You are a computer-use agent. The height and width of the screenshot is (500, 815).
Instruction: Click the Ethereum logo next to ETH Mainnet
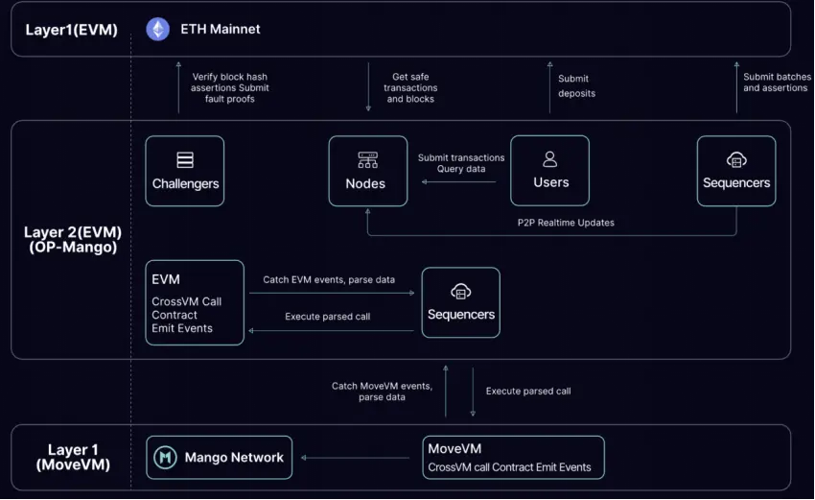tap(157, 30)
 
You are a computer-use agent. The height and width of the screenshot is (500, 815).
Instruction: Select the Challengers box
tap(185, 171)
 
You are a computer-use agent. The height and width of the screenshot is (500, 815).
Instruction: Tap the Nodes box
tap(367, 171)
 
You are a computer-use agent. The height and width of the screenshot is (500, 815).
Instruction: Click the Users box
tap(549, 171)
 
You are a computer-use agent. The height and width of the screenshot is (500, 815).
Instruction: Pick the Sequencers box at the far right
tap(735, 171)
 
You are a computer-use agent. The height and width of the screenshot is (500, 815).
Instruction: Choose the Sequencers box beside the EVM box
tap(460, 301)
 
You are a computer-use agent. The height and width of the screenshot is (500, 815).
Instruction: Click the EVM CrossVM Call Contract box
tap(195, 302)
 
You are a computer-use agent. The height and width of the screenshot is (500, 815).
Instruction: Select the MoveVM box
tap(513, 458)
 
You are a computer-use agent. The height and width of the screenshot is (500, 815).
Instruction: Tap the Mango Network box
tap(219, 458)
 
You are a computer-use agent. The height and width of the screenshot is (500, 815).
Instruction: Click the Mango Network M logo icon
tap(166, 458)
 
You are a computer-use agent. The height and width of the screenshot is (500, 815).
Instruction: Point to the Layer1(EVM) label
tap(71, 30)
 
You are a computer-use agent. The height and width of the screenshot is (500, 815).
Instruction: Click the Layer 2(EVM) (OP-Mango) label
tap(73, 240)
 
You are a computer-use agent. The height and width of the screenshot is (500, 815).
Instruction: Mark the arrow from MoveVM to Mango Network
tap(357, 458)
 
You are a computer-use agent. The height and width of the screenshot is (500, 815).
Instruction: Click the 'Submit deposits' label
tap(576, 86)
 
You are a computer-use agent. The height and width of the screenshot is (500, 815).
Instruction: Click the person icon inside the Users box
tap(549, 158)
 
